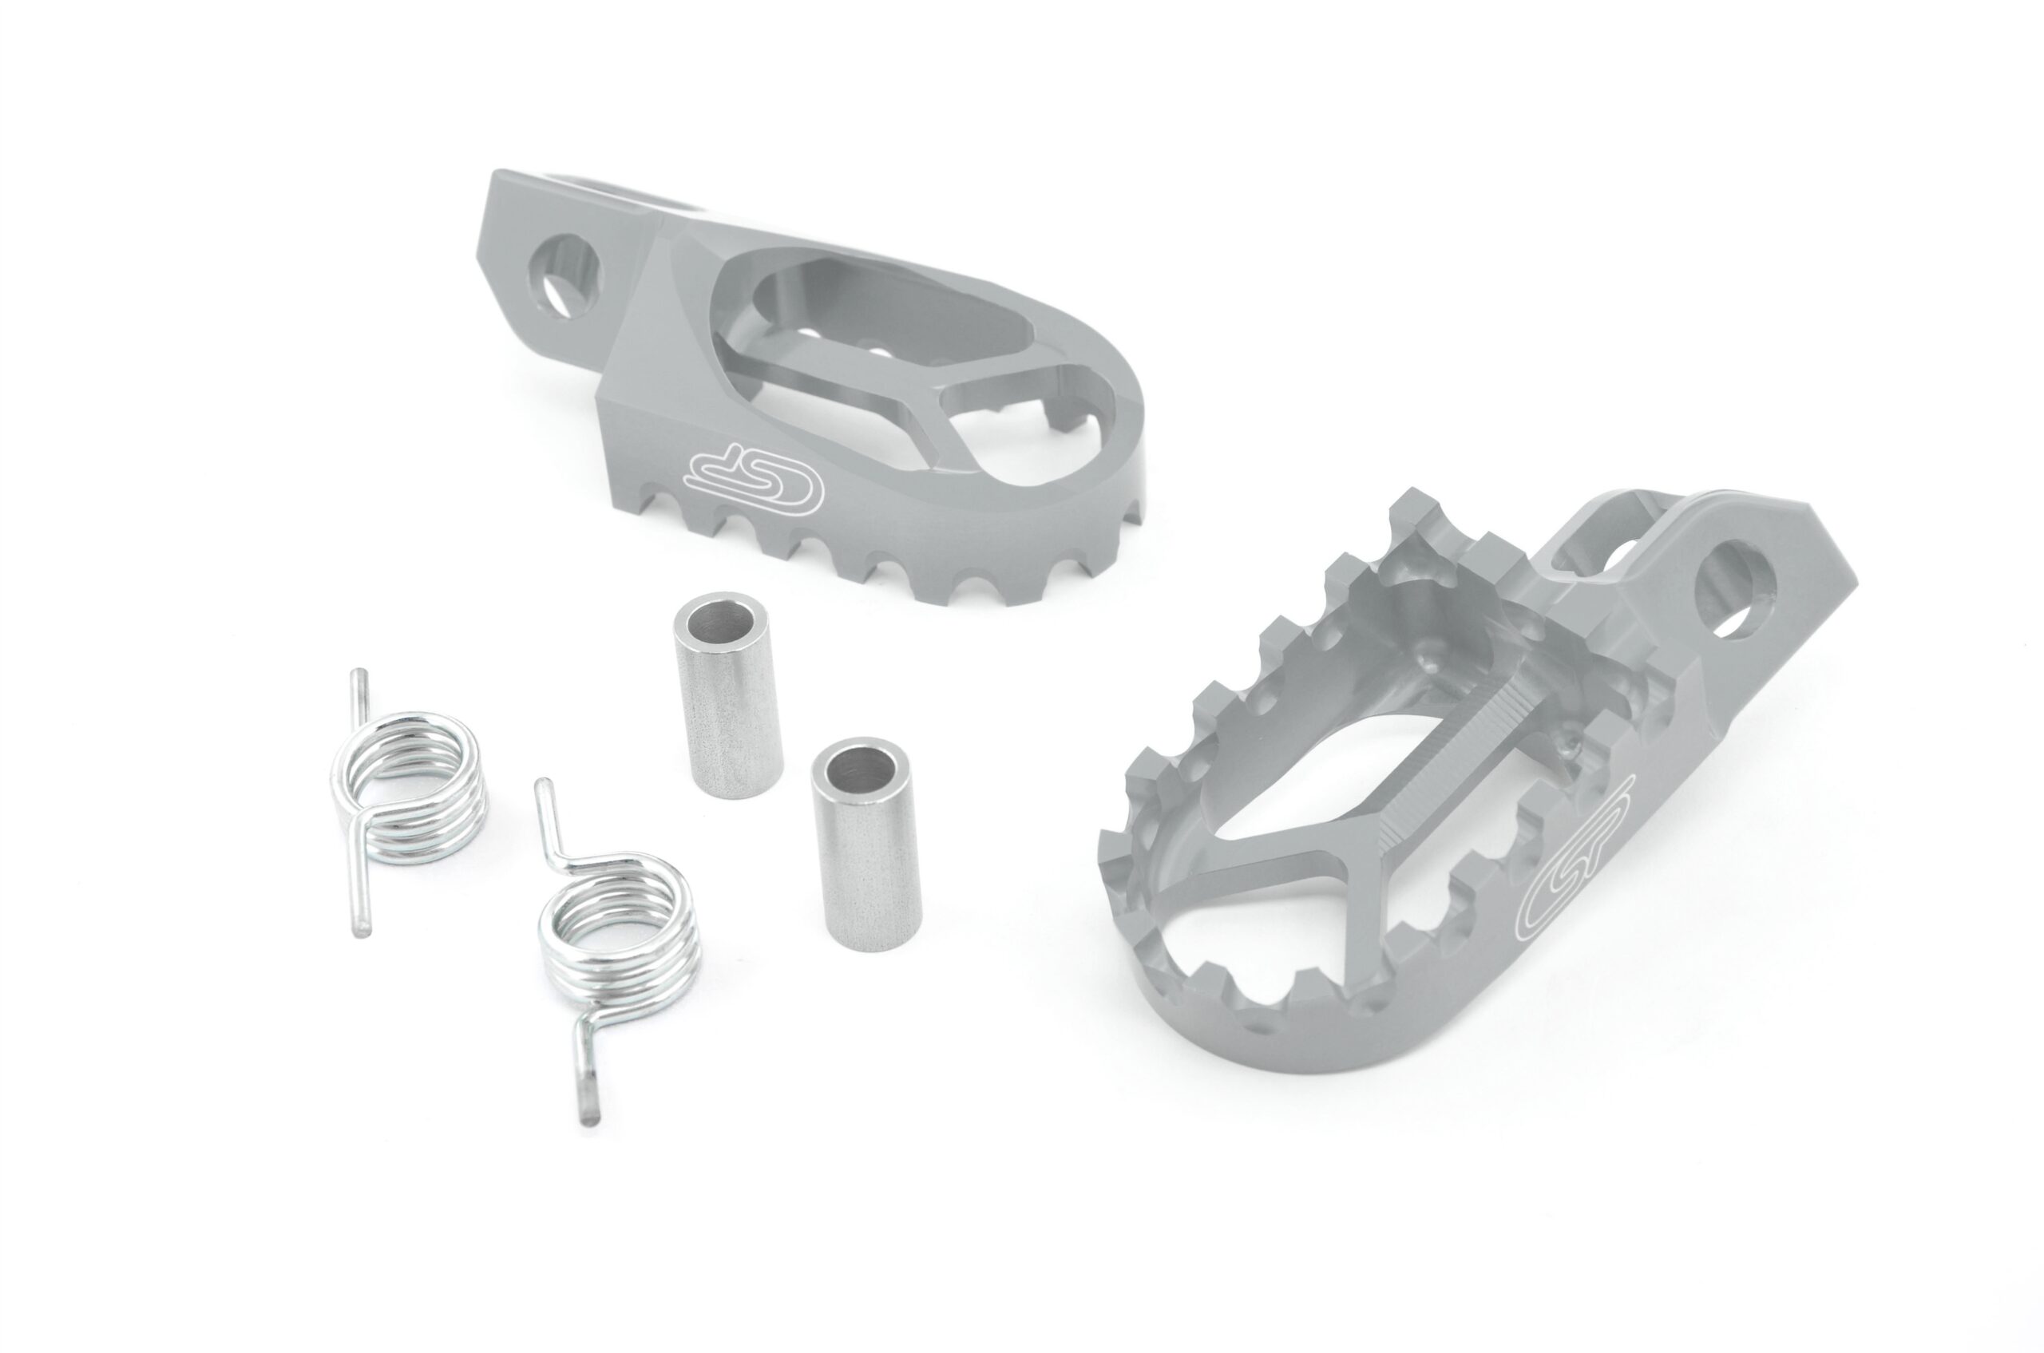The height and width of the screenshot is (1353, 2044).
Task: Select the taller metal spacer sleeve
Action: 727,694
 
